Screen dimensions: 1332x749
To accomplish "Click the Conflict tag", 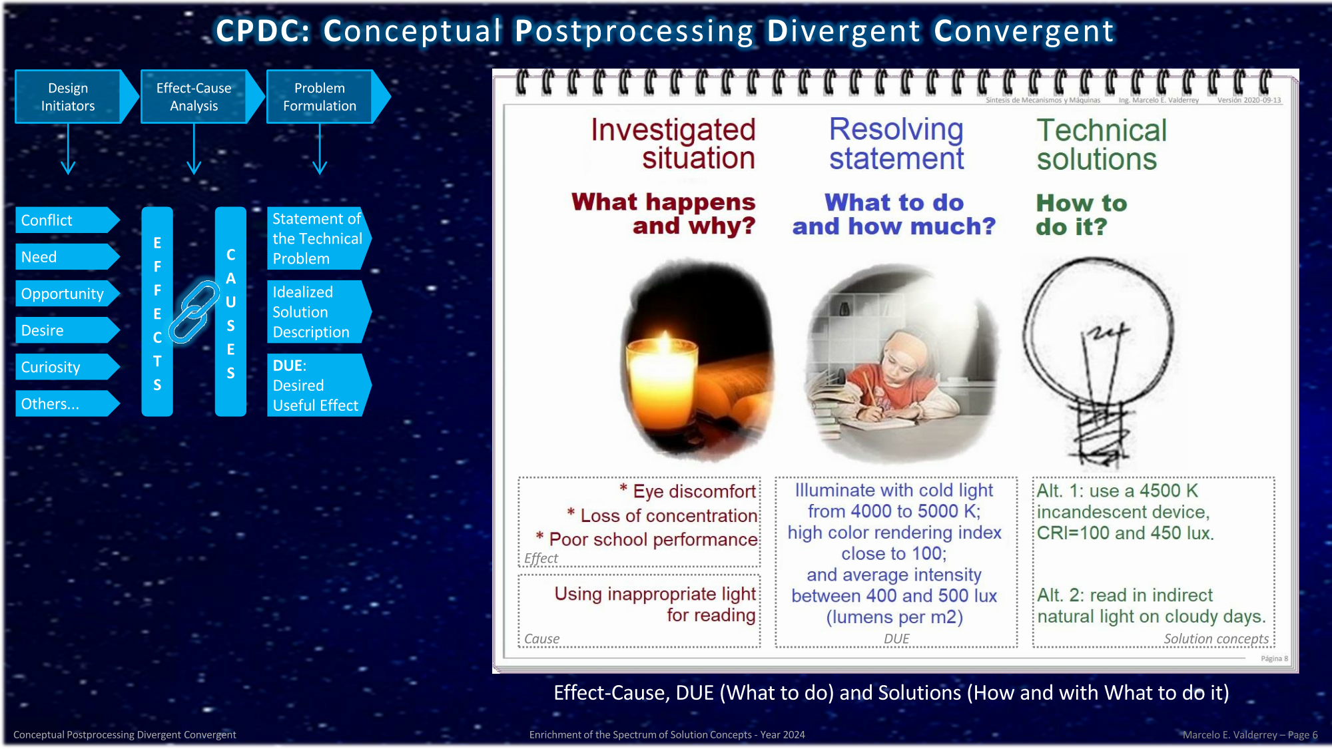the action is click(x=67, y=220).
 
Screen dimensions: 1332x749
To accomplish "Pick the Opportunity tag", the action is click(x=67, y=294).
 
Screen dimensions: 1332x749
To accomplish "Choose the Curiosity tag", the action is click(x=67, y=367).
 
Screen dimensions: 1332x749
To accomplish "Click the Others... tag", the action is click(x=67, y=403).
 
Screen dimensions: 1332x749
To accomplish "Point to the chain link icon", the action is click(x=194, y=312).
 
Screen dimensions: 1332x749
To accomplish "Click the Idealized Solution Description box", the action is click(x=319, y=312).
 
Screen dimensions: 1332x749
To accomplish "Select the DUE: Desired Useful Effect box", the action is click(x=319, y=385).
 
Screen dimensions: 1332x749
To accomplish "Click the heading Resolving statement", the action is click(x=896, y=143).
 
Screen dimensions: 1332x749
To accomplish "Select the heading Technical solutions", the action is click(x=1102, y=144).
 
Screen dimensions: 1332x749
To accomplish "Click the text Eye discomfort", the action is click(x=694, y=491).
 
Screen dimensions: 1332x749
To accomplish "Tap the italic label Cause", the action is click(x=541, y=638).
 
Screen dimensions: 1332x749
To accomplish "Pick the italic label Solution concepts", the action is click(x=1216, y=638).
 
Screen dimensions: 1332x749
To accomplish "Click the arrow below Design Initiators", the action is click(x=68, y=149).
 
